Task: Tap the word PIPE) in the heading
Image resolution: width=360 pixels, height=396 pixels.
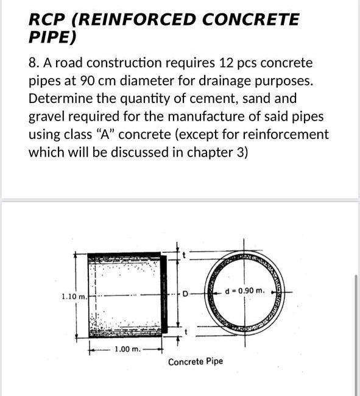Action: pos(52,38)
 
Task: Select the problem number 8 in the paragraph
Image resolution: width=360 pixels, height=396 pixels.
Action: pos(33,63)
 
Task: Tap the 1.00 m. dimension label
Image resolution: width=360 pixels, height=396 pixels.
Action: pos(128,350)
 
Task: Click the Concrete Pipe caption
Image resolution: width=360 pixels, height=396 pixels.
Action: pos(196,361)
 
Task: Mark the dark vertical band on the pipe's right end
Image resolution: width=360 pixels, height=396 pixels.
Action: pos(163,294)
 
